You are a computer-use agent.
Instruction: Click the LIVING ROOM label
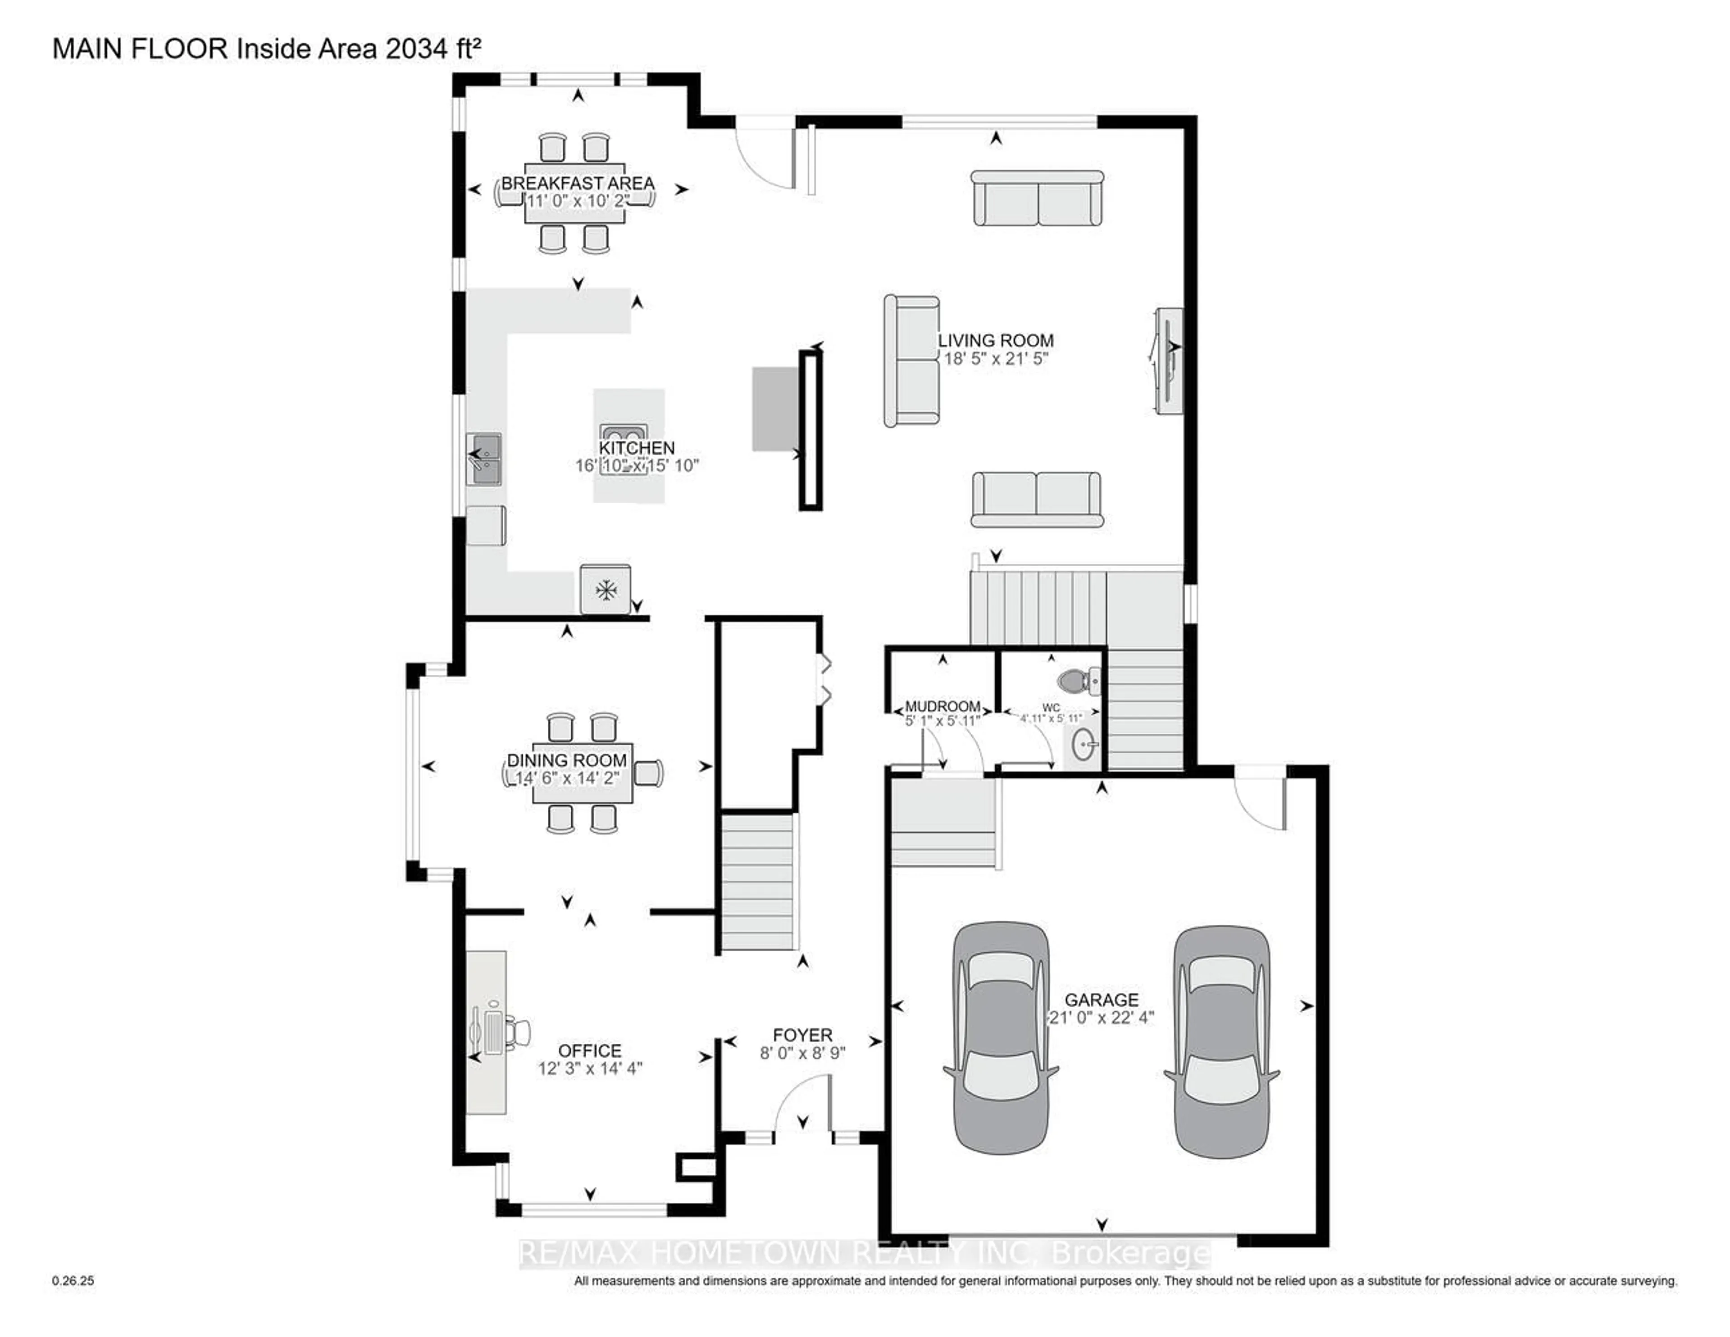[x=996, y=341]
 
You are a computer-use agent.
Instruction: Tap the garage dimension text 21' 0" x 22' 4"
[x=1101, y=1018]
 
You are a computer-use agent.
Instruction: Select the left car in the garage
[x=1001, y=1037]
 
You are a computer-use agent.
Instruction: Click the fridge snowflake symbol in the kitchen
[x=606, y=589]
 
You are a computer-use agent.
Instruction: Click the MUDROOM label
[x=942, y=706]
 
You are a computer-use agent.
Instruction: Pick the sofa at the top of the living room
[x=1037, y=198]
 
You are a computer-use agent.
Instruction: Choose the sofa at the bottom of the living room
[x=1037, y=499]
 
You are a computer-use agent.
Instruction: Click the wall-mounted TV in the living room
[x=1168, y=360]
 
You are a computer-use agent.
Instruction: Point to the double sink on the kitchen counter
[x=484, y=459]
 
